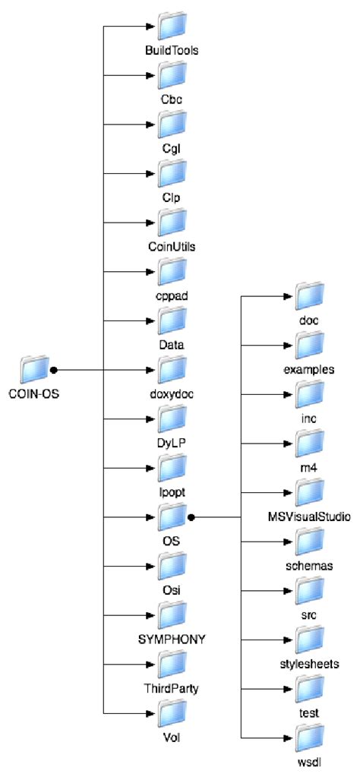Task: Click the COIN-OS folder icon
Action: [x=35, y=370]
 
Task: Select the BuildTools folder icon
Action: [x=172, y=25]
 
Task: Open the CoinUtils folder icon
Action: [x=172, y=222]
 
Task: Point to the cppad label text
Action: [x=172, y=298]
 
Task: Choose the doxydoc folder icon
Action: [x=172, y=370]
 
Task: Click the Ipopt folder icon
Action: [x=172, y=468]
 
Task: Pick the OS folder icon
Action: [x=172, y=517]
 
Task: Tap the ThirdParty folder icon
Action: [x=172, y=665]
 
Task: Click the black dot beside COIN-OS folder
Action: [x=54, y=371]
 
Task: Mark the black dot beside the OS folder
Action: [x=191, y=518]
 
